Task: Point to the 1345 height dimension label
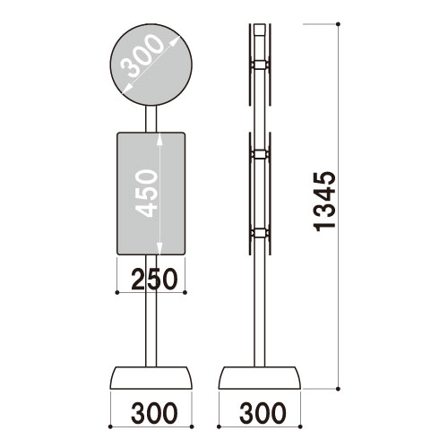[328, 211]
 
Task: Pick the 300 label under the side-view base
[262, 414]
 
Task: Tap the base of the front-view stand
[151, 377]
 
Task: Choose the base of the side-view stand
[261, 377]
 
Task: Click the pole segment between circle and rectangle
[151, 117]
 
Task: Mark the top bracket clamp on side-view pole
[260, 65]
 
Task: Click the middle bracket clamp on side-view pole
[260, 155]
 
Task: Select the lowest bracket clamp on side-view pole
[260, 235]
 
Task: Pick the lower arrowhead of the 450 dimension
[159, 252]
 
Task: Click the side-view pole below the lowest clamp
[260, 305]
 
